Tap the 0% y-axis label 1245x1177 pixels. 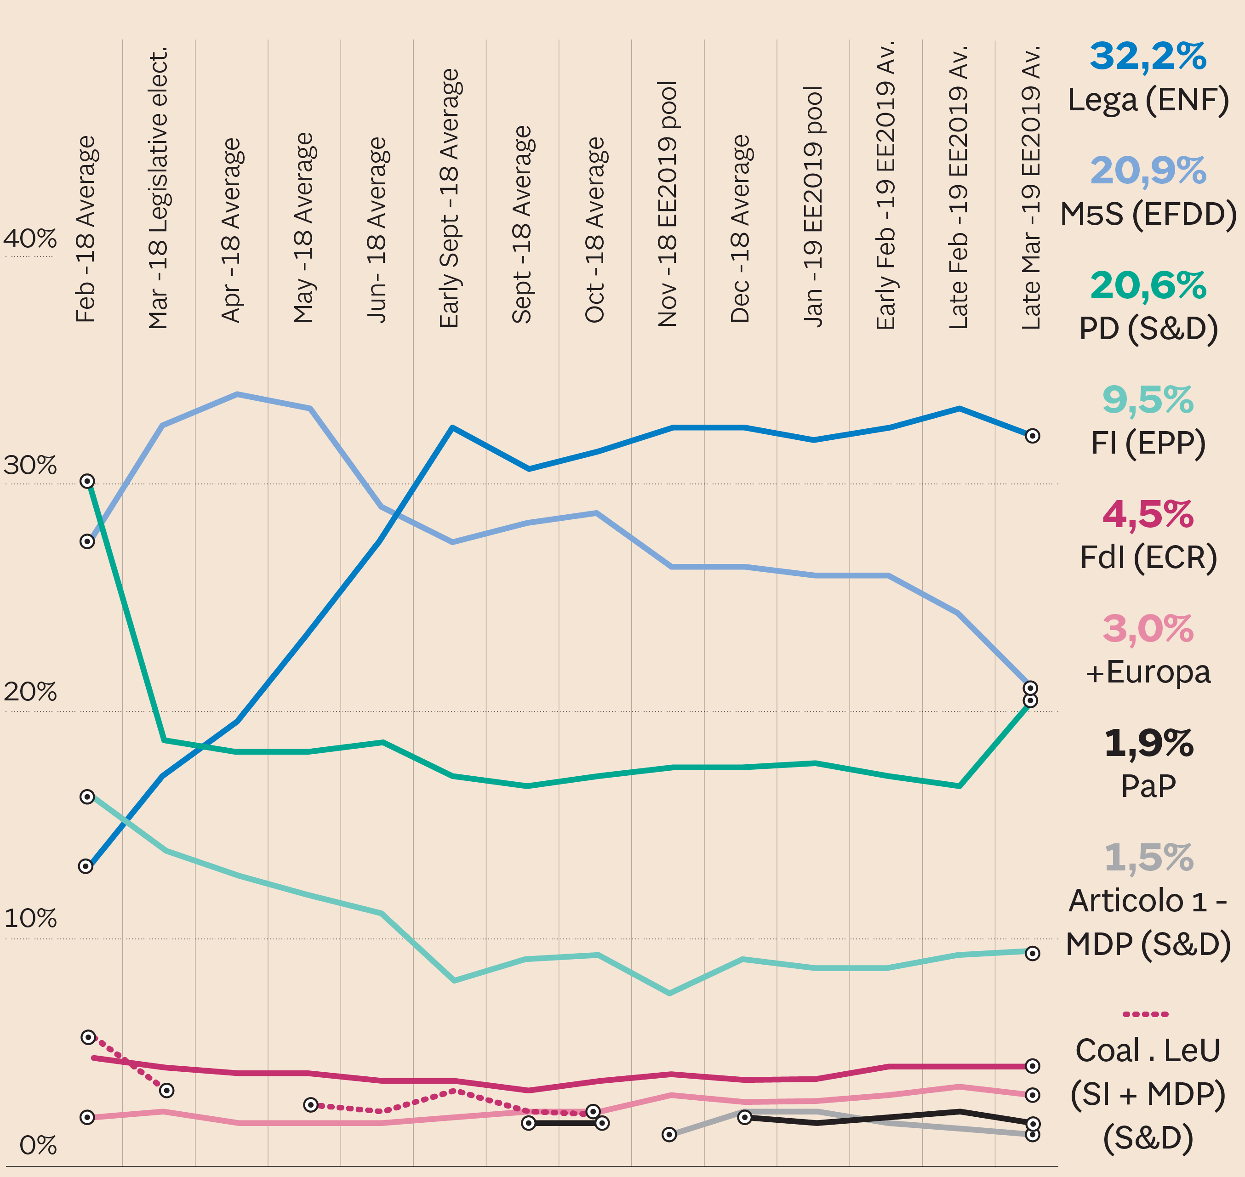pyautogui.click(x=38, y=1146)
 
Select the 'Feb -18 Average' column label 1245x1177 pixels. pyautogui.click(x=86, y=229)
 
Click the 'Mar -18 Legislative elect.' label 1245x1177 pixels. pyautogui.click(x=159, y=188)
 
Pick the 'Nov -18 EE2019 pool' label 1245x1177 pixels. pyautogui.click(x=668, y=204)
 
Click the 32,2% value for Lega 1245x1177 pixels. pyautogui.click(x=1148, y=57)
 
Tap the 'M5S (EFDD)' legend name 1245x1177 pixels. pyautogui.click(x=1148, y=215)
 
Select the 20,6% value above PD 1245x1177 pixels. pyautogui.click(x=1148, y=286)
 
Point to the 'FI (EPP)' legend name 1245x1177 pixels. pyautogui.click(x=1148, y=443)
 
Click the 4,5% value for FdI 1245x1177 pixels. pyautogui.click(x=1148, y=515)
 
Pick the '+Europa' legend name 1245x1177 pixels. pyautogui.click(x=1148, y=672)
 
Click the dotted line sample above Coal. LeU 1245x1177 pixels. pyautogui.click(x=1145, y=1014)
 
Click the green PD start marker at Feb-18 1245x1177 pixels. pyautogui.click(x=88, y=481)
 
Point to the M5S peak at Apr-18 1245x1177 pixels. pyautogui.click(x=237, y=395)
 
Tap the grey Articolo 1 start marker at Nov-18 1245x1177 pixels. pyautogui.click(x=669, y=1134)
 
